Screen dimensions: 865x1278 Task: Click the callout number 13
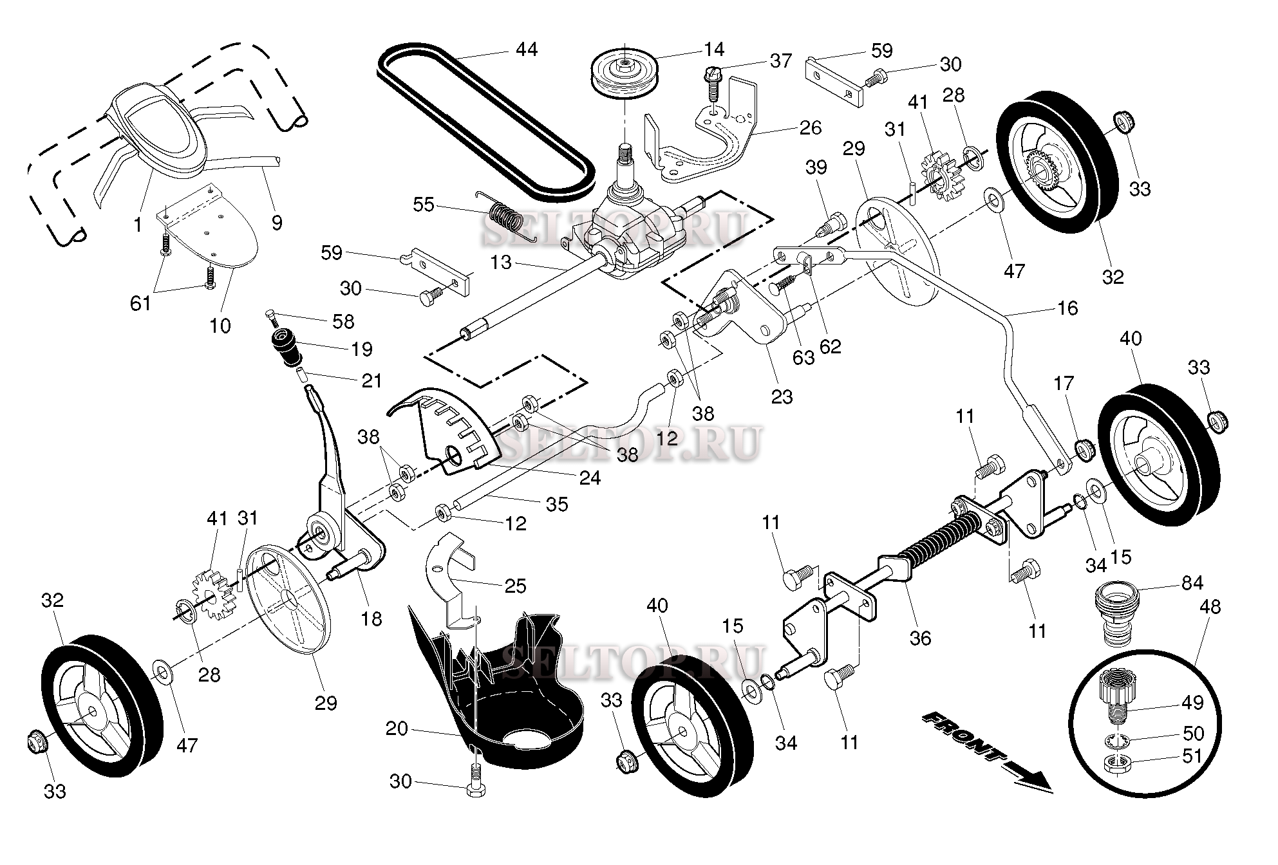pyautogui.click(x=501, y=262)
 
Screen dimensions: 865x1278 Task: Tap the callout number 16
pyautogui.click(x=1067, y=308)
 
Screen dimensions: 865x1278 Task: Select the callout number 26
pyautogui.click(x=810, y=127)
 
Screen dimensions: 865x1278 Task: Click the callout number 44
pyautogui.click(x=526, y=50)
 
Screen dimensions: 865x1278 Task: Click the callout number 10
pyautogui.click(x=220, y=326)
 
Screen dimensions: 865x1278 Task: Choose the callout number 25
pyautogui.click(x=516, y=586)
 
